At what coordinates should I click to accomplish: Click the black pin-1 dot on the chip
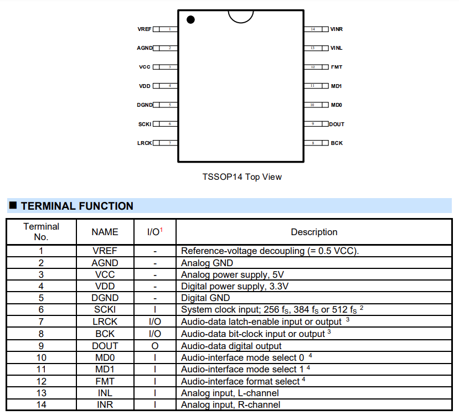[x=191, y=20]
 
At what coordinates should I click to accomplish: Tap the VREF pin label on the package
[x=145, y=29]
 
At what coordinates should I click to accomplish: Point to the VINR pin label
[x=337, y=29]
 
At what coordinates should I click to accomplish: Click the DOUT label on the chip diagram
[x=337, y=124]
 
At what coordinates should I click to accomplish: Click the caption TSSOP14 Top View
[x=242, y=177]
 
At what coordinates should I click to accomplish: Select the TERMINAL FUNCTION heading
[x=77, y=206]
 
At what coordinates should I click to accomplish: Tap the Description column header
[x=314, y=232]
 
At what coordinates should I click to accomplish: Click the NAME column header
[x=105, y=232]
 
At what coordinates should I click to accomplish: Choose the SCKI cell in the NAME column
[x=105, y=310]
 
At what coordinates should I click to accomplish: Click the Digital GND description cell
[x=205, y=298]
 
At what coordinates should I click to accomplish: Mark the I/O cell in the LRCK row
[x=154, y=322]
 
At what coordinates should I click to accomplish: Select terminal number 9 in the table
[x=42, y=346]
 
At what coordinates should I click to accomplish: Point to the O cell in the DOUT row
[x=154, y=346]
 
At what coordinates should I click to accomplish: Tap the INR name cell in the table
[x=105, y=405]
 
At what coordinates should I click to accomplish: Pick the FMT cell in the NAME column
[x=105, y=381]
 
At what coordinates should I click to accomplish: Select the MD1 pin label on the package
[x=337, y=86]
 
